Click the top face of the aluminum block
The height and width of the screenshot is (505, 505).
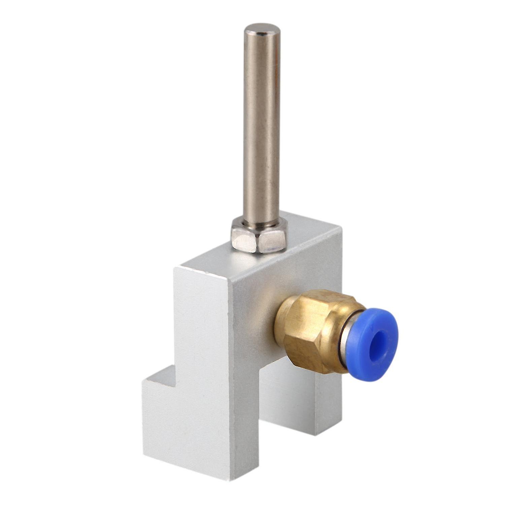click(269, 259)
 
